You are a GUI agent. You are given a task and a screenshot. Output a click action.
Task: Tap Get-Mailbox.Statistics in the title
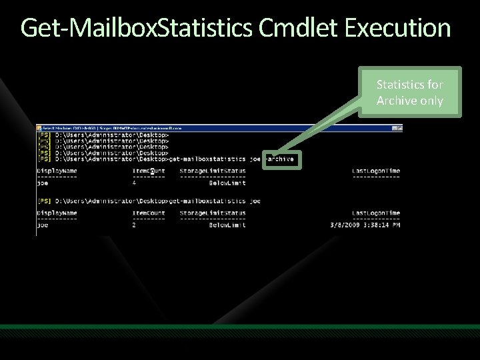coord(136,28)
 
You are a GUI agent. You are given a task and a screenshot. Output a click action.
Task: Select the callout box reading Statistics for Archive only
coord(409,93)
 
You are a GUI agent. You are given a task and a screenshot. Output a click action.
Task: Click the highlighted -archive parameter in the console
coord(281,159)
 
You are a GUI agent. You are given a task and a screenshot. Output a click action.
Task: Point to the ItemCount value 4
coord(135,183)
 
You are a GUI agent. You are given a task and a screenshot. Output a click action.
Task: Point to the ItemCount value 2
coord(135,225)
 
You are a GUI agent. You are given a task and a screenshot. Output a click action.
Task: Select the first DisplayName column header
coord(57,171)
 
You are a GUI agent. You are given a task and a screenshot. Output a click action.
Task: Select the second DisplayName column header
coord(57,213)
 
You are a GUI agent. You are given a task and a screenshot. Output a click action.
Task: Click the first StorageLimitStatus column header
coord(213,171)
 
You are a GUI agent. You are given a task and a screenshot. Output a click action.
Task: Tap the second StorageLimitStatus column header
coord(213,213)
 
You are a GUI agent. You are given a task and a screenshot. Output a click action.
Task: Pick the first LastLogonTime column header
coord(376,171)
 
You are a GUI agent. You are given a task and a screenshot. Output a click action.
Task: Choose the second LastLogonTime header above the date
coord(376,213)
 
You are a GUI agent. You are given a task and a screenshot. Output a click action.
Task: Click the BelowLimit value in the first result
coord(227,183)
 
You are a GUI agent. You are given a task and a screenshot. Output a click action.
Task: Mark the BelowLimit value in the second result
coord(227,225)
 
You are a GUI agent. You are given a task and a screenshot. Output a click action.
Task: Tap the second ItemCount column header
coord(149,213)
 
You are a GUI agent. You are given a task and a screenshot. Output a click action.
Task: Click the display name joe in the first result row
coord(43,183)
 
